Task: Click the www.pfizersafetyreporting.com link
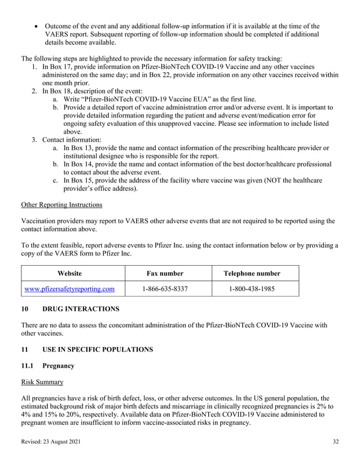[69, 289]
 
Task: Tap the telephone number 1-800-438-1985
[252, 289]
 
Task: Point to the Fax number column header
[165, 274]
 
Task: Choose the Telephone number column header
[252, 274]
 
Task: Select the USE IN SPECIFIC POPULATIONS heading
[98, 349]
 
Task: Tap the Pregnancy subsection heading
[59, 366]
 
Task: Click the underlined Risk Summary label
[42, 382]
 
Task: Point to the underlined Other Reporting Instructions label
[62, 204]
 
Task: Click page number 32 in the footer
[336, 441]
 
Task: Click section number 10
[25, 309]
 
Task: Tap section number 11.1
[28, 366]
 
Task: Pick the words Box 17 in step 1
[61, 67]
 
